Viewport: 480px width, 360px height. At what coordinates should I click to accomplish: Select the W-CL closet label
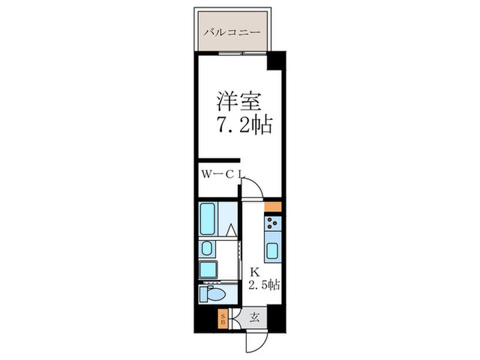click(221, 174)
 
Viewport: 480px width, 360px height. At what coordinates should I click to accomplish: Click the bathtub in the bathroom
click(208, 218)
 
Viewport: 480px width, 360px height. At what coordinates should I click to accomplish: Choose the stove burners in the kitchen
click(273, 223)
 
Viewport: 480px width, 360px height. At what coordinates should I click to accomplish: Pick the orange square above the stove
click(272, 206)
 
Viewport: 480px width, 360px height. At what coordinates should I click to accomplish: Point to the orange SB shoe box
click(222, 318)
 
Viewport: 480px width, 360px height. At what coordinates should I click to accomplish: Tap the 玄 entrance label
click(254, 317)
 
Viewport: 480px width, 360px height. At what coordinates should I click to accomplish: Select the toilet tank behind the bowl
click(203, 296)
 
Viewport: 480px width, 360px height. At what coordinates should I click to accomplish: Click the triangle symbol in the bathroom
click(232, 230)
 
